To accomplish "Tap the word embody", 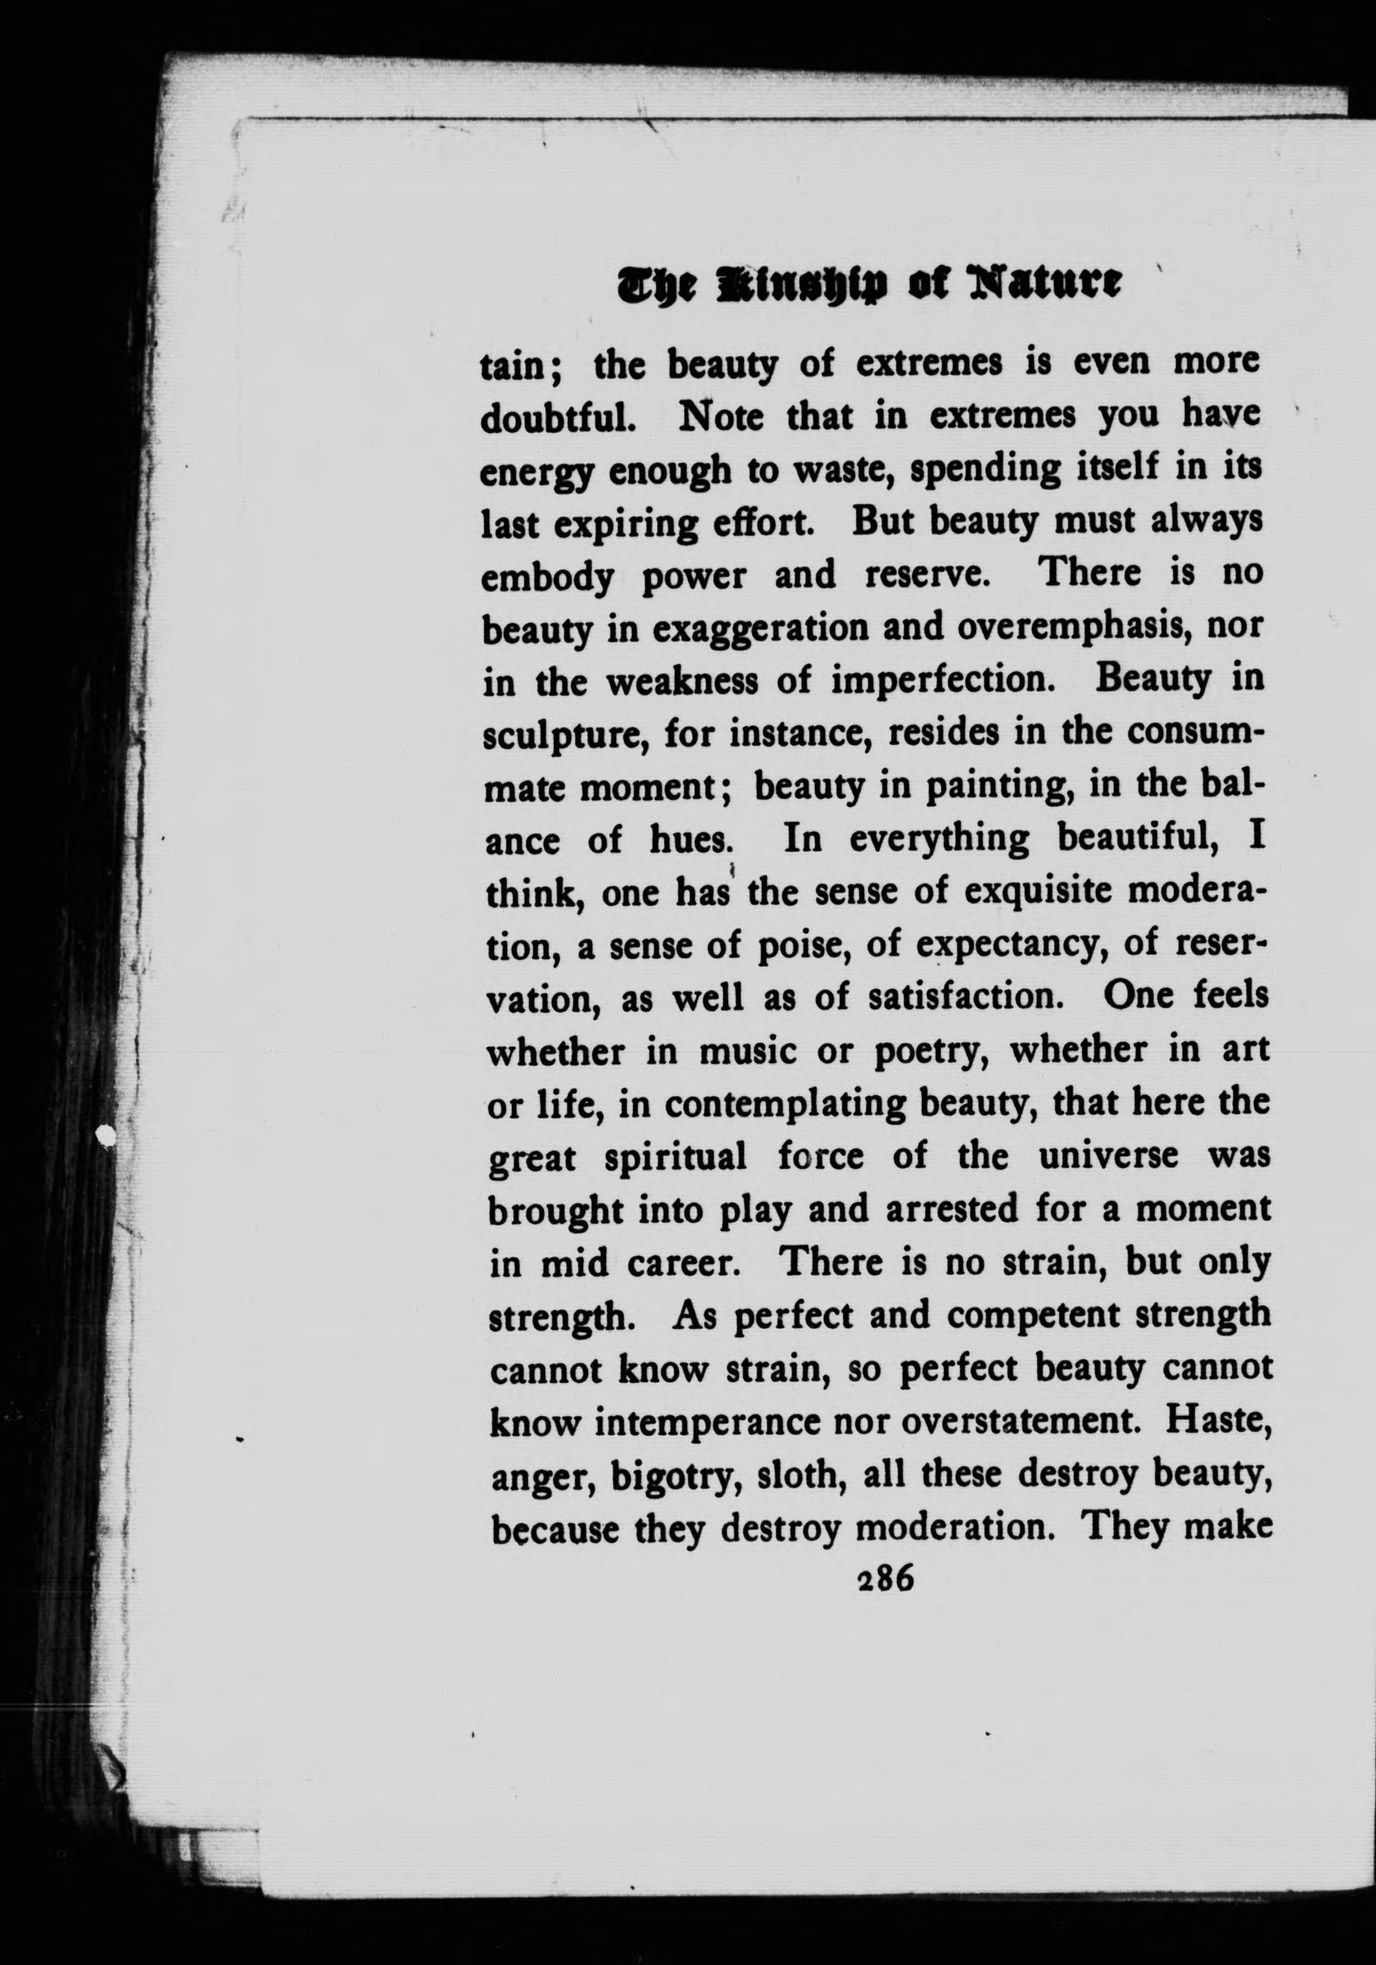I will point(548,579).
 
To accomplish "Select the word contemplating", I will point(783,1105).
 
